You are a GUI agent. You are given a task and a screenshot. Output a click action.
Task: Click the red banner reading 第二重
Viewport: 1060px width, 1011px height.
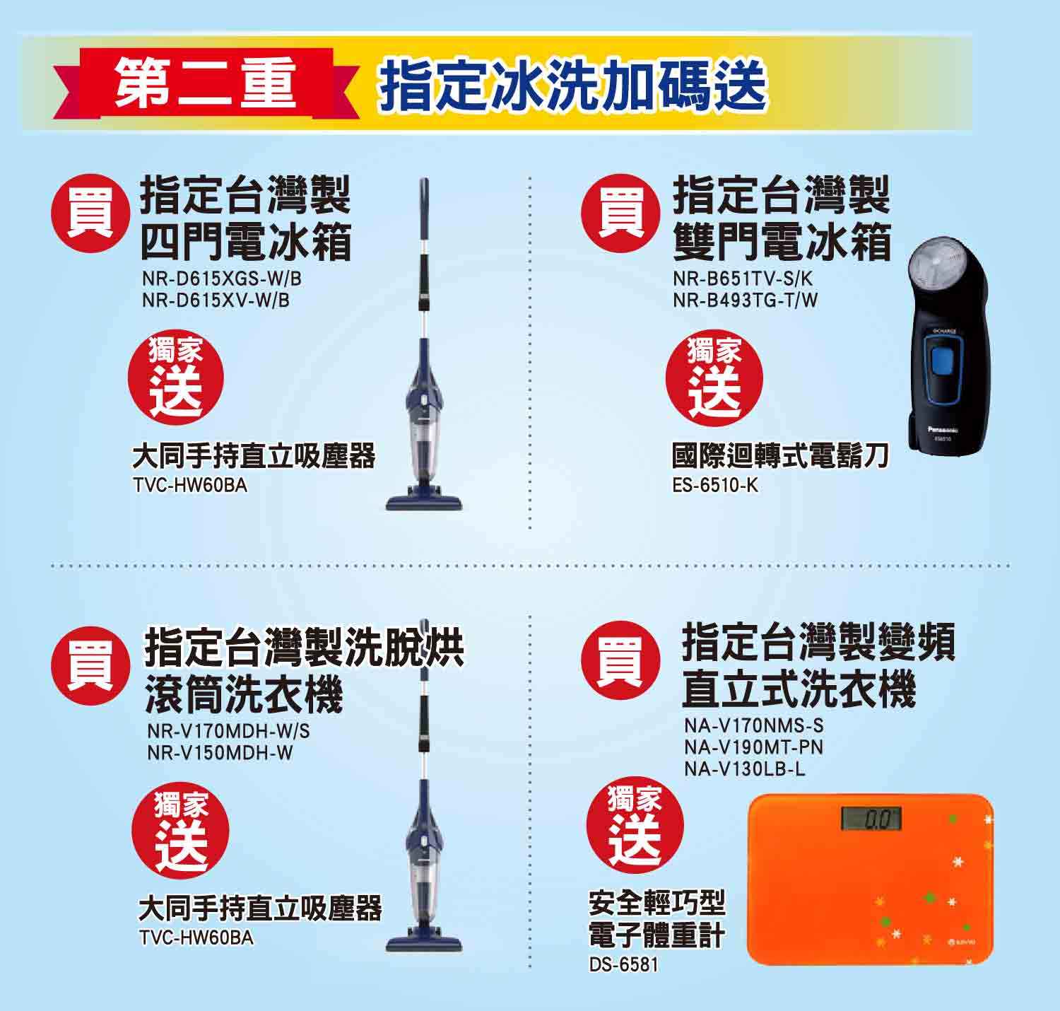pyautogui.click(x=205, y=83)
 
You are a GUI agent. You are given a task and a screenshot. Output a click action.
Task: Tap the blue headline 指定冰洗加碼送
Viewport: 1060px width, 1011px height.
pyautogui.click(x=572, y=86)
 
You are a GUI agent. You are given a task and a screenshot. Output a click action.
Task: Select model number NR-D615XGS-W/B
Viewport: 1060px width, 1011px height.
pyautogui.click(x=221, y=279)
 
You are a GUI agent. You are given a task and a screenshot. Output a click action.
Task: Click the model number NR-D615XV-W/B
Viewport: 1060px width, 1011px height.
pyautogui.click(x=216, y=300)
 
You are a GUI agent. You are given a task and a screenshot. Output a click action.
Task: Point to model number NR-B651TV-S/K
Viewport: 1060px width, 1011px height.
pyautogui.click(x=743, y=279)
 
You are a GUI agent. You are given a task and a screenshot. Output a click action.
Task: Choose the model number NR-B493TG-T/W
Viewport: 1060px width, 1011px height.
pyautogui.click(x=745, y=300)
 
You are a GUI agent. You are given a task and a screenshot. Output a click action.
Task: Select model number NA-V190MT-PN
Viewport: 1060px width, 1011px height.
pyautogui.click(x=753, y=747)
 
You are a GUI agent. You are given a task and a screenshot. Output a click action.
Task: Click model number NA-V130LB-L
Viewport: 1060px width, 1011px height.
pyautogui.click(x=744, y=769)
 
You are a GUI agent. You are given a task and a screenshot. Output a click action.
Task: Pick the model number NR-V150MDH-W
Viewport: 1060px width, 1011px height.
pyautogui.click(x=220, y=753)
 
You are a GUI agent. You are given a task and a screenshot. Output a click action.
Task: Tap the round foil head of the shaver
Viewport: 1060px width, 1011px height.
pyautogui.click(x=936, y=267)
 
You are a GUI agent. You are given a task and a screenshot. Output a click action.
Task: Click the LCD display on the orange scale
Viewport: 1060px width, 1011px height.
pyautogui.click(x=871, y=819)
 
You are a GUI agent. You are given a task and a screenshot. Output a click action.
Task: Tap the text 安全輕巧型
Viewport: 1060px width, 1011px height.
pyautogui.click(x=656, y=903)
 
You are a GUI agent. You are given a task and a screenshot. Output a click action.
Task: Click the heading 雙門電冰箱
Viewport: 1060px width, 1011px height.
pyautogui.click(x=782, y=242)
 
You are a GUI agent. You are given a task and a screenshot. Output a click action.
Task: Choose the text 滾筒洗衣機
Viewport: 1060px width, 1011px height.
pyautogui.click(x=244, y=694)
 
